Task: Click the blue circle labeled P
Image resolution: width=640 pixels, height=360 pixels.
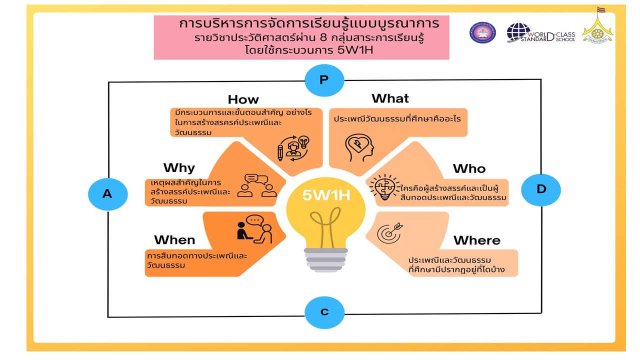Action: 324,80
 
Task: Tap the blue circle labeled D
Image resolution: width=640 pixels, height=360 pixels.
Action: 541,190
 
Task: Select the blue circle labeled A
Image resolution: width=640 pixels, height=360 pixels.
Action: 107,194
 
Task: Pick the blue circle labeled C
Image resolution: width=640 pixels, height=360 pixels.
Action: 324,312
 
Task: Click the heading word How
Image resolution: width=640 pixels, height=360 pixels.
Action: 243,99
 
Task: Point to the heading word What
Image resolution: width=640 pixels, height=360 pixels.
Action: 390,98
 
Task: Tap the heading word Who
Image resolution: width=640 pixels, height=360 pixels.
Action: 469,169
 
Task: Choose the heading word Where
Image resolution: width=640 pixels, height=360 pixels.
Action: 476,240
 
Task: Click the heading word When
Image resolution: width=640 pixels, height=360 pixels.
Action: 174,240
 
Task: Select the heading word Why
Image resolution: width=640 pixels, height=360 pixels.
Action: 179,167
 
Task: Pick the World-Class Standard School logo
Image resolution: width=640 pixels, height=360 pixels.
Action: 540,33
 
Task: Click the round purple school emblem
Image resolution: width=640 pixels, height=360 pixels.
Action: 482,32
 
